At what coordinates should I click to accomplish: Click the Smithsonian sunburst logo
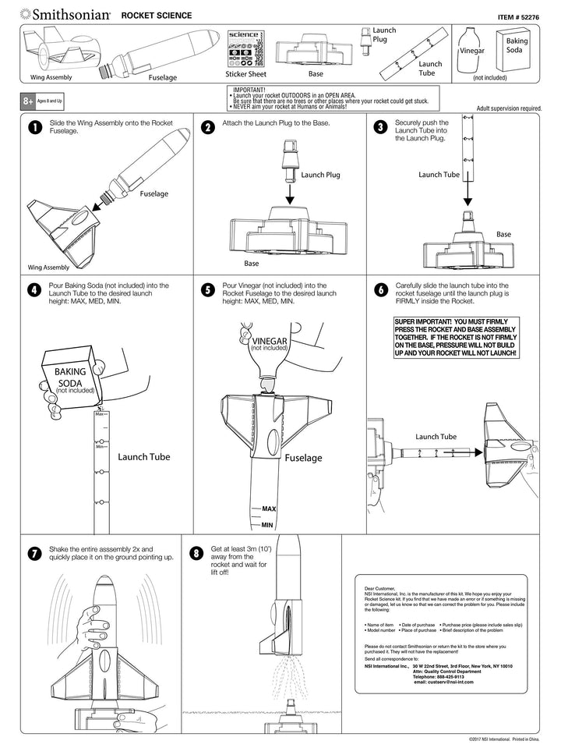click(x=26, y=13)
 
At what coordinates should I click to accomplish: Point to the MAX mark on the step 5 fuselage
click(x=268, y=509)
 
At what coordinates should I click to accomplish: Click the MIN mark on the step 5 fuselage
click(x=266, y=525)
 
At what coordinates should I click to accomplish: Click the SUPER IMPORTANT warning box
click(x=456, y=337)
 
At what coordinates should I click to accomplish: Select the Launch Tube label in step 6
click(x=436, y=437)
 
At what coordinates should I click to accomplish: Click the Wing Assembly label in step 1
click(x=48, y=266)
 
